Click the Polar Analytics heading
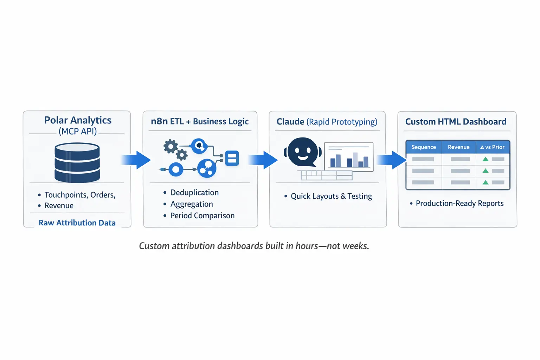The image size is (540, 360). [78, 120]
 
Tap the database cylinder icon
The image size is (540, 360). [77, 162]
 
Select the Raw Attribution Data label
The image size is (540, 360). [77, 223]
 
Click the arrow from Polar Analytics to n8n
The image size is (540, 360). [136, 160]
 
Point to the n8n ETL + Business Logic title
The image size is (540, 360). [200, 121]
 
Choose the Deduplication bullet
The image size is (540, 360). [194, 192]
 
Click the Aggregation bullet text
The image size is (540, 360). [192, 204]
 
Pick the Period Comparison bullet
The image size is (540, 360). [202, 216]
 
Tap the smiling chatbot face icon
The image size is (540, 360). [303, 152]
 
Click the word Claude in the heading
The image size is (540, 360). [290, 122]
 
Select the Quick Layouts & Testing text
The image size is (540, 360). [331, 196]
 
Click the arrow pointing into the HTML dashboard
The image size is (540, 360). [392, 160]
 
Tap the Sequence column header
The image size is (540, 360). [424, 147]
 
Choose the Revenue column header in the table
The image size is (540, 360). [458, 147]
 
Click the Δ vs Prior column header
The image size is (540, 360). [492, 147]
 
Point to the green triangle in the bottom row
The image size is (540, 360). [486, 182]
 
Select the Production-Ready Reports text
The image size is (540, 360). [459, 203]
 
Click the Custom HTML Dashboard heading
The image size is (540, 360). [456, 122]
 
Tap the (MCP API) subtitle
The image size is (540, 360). [78, 131]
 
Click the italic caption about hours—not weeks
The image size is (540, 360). [254, 246]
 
